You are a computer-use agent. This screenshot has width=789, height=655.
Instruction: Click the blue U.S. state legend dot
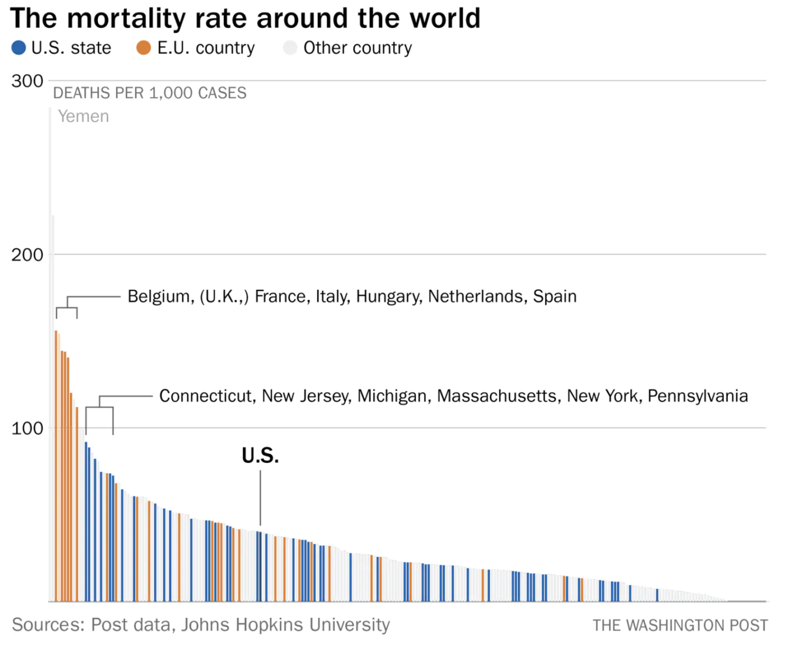click(x=19, y=48)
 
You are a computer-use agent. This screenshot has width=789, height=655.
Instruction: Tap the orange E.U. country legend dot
click(x=144, y=48)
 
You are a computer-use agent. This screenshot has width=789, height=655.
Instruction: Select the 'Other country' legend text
click(x=358, y=48)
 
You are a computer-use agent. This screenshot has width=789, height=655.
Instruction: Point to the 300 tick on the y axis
click(x=27, y=81)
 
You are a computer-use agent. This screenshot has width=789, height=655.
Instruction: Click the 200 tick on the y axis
click(x=27, y=255)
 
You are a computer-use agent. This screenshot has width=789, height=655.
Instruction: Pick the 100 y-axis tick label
click(x=27, y=428)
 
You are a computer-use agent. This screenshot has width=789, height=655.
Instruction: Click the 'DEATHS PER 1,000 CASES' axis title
click(x=150, y=93)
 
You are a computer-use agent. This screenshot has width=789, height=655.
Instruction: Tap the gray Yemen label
click(x=84, y=116)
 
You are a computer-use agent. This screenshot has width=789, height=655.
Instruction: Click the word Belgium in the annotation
click(x=161, y=296)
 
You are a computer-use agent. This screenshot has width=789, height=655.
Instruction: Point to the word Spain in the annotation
click(x=555, y=296)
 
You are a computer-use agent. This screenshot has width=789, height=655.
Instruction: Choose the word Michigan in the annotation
click(x=392, y=396)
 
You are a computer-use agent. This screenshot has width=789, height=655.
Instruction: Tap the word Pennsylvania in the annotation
click(x=697, y=396)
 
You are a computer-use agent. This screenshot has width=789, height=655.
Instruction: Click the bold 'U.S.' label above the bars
click(x=260, y=456)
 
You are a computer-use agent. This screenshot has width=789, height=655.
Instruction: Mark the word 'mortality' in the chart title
click(x=127, y=19)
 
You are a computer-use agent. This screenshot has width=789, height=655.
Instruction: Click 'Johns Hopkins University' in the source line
click(x=286, y=624)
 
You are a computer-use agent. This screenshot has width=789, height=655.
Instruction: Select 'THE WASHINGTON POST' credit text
click(x=680, y=626)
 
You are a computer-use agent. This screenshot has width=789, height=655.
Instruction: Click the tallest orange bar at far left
click(x=56, y=464)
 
